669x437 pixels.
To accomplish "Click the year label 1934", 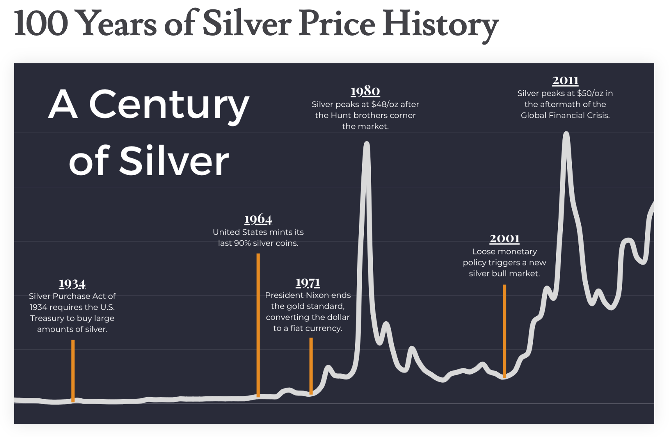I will pyautogui.click(x=72, y=283).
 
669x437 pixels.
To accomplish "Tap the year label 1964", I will pyautogui.click(x=258, y=219).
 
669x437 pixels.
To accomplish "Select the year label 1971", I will pyautogui.click(x=308, y=282).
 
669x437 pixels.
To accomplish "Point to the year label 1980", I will pyautogui.click(x=365, y=91).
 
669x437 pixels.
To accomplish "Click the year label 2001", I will pyautogui.click(x=504, y=238).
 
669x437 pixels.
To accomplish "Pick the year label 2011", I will pyautogui.click(x=565, y=80).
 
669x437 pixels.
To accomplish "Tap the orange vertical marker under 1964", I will pyautogui.click(x=258, y=324).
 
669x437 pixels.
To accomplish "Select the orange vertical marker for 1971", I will pyautogui.click(x=311, y=365).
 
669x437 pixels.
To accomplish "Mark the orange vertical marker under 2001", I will pyautogui.click(x=504, y=330).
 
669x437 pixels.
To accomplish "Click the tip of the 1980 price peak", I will pyautogui.click(x=367, y=144).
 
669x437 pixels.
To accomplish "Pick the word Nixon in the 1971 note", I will pyautogui.click(x=318, y=295).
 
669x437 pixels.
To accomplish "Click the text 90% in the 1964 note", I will pyautogui.click(x=242, y=243).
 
